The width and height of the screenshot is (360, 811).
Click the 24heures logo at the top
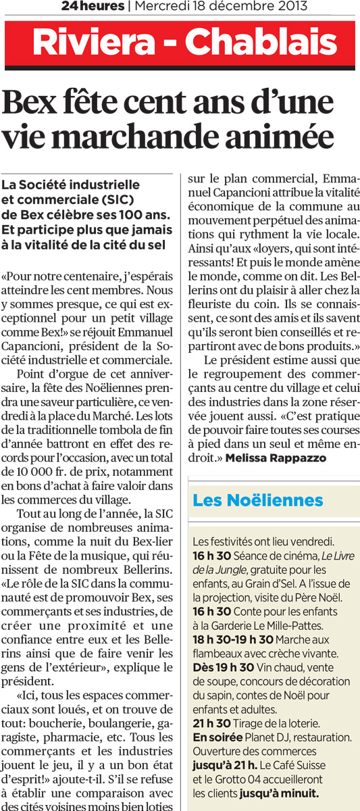click(92, 7)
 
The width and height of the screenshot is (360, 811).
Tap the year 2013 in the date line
click(293, 7)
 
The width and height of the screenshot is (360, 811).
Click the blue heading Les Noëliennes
click(258, 501)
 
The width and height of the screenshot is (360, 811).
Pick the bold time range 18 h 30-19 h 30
click(233, 639)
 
